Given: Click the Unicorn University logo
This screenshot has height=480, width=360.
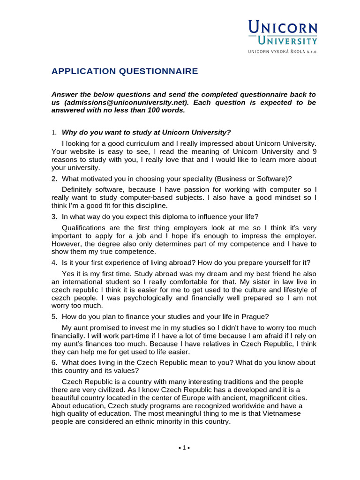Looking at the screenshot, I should click(282, 33).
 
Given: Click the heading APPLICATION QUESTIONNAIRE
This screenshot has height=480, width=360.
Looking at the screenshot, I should click(125, 71).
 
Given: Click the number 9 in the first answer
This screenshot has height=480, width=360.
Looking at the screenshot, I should click(315, 151).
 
